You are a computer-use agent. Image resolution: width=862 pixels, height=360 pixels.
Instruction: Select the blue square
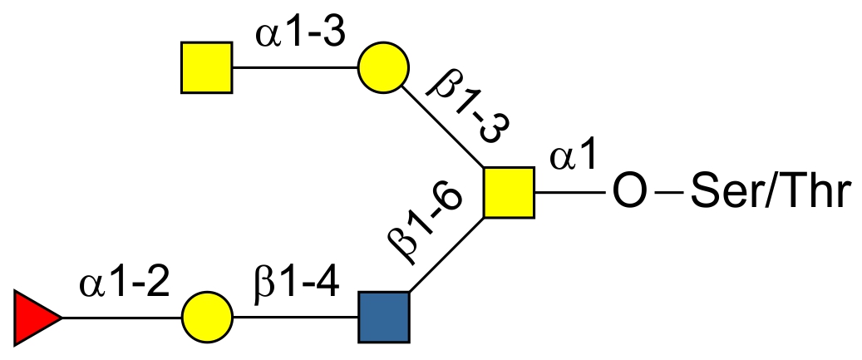tap(383, 317)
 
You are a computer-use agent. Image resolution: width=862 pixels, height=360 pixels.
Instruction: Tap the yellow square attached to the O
tap(509, 192)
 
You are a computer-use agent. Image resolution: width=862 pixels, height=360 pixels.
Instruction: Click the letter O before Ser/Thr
tap(628, 193)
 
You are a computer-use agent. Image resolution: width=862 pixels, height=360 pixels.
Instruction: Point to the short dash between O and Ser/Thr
tap(668, 194)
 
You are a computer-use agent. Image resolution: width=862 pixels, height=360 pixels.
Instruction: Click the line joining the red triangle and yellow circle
tap(121, 317)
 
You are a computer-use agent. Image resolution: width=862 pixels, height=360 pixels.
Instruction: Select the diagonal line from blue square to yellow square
tap(446, 254)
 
